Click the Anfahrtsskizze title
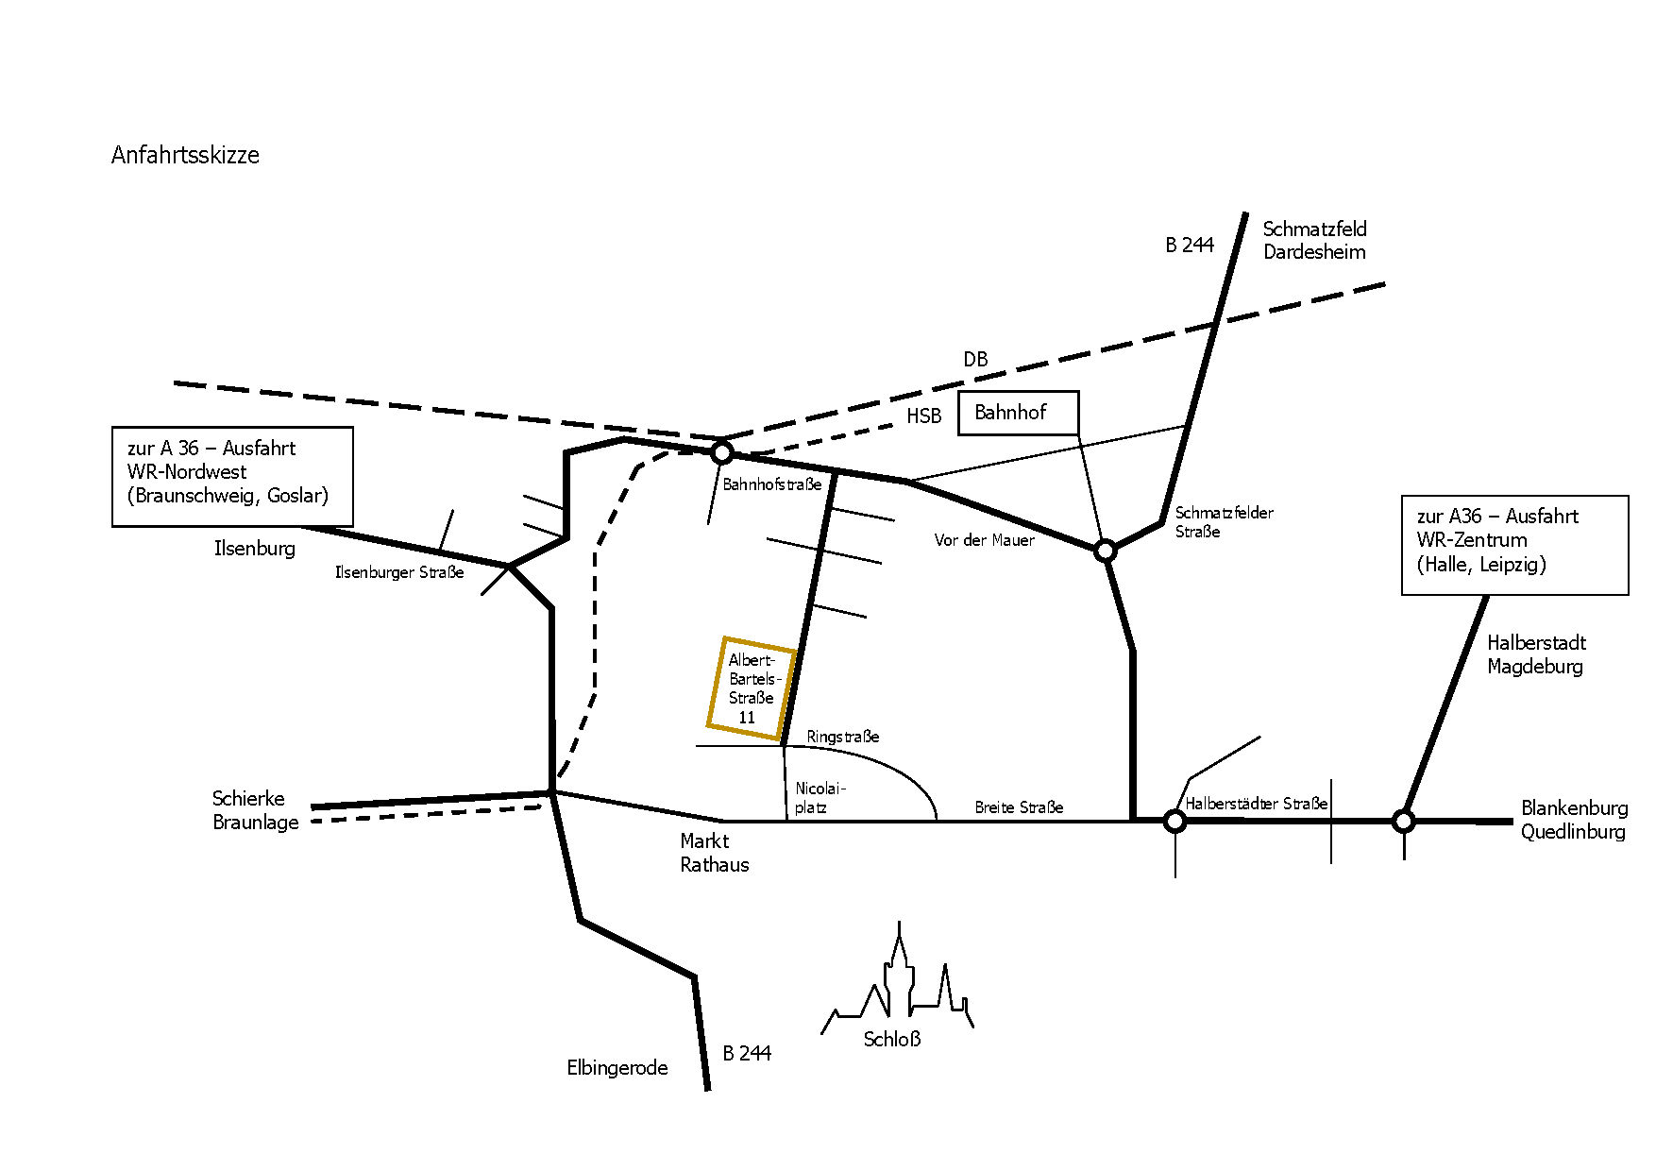coord(185,155)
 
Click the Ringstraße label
coord(843,737)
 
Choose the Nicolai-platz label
coord(820,798)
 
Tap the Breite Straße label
coord(1019,807)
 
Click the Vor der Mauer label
coord(985,540)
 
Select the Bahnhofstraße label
coord(772,484)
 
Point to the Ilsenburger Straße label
coord(399,572)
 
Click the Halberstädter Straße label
coord(1257,804)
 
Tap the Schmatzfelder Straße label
coord(1225,522)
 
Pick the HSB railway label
coord(924,416)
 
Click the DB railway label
coord(975,360)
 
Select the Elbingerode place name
coord(617,1068)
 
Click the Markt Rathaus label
coord(715,853)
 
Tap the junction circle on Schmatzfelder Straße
coord(1105,550)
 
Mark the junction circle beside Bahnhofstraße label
coord(722,453)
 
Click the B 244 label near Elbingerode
coord(747,1054)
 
